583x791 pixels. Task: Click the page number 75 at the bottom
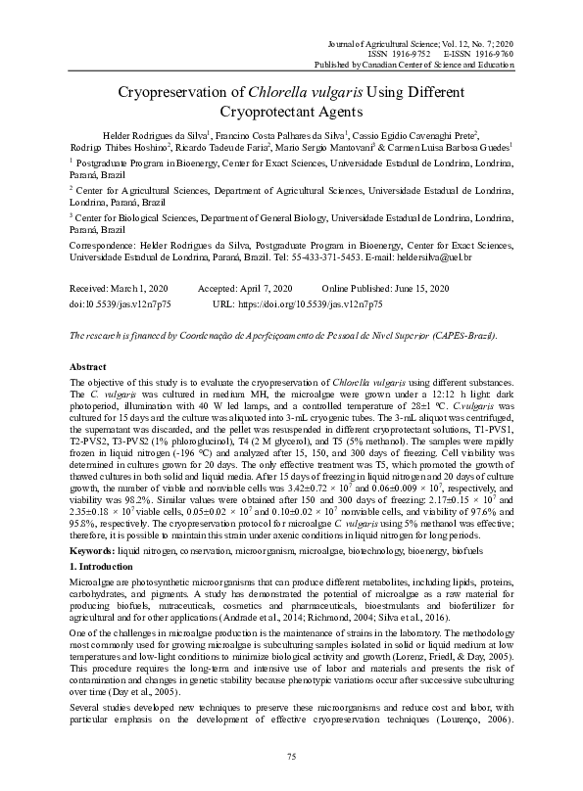point(291,757)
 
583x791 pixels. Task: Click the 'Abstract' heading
point(88,365)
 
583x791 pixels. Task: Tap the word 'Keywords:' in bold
point(92,553)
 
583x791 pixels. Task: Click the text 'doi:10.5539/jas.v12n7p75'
point(121,304)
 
